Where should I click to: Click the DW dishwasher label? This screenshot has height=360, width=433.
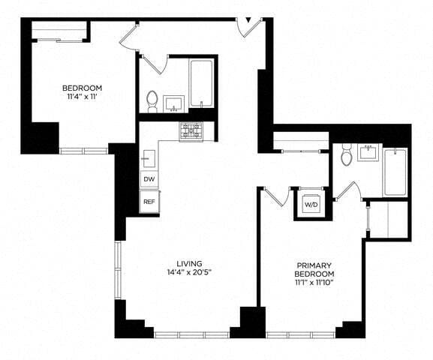coord(149,179)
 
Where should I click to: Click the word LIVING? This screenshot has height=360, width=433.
coord(186,263)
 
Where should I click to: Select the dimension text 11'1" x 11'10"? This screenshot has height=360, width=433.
coord(314,283)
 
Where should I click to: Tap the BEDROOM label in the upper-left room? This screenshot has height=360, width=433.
coord(82,88)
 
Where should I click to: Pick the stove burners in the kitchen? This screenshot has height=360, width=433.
coord(191,130)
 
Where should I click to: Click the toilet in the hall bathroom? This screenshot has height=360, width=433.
coord(152,100)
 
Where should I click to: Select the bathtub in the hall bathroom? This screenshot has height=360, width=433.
coord(203,85)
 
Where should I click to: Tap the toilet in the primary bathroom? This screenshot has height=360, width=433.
coord(346,155)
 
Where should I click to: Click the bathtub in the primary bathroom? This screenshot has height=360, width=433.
coord(395,172)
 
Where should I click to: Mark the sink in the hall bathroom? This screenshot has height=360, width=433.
coord(175,103)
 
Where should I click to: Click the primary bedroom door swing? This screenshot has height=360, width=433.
coord(275,196)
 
